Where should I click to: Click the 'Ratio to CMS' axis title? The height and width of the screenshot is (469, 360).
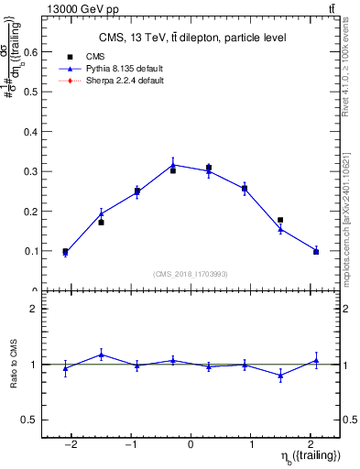pyautogui.click(x=12, y=365)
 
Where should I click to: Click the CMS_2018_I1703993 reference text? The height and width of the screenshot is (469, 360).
pyautogui.click(x=191, y=273)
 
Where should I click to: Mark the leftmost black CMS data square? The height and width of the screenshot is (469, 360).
pyautogui.click(x=65, y=251)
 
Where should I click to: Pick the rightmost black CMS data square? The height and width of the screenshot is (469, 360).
pyautogui.click(x=316, y=251)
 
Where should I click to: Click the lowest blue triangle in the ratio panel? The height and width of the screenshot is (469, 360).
pyautogui.click(x=280, y=375)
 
